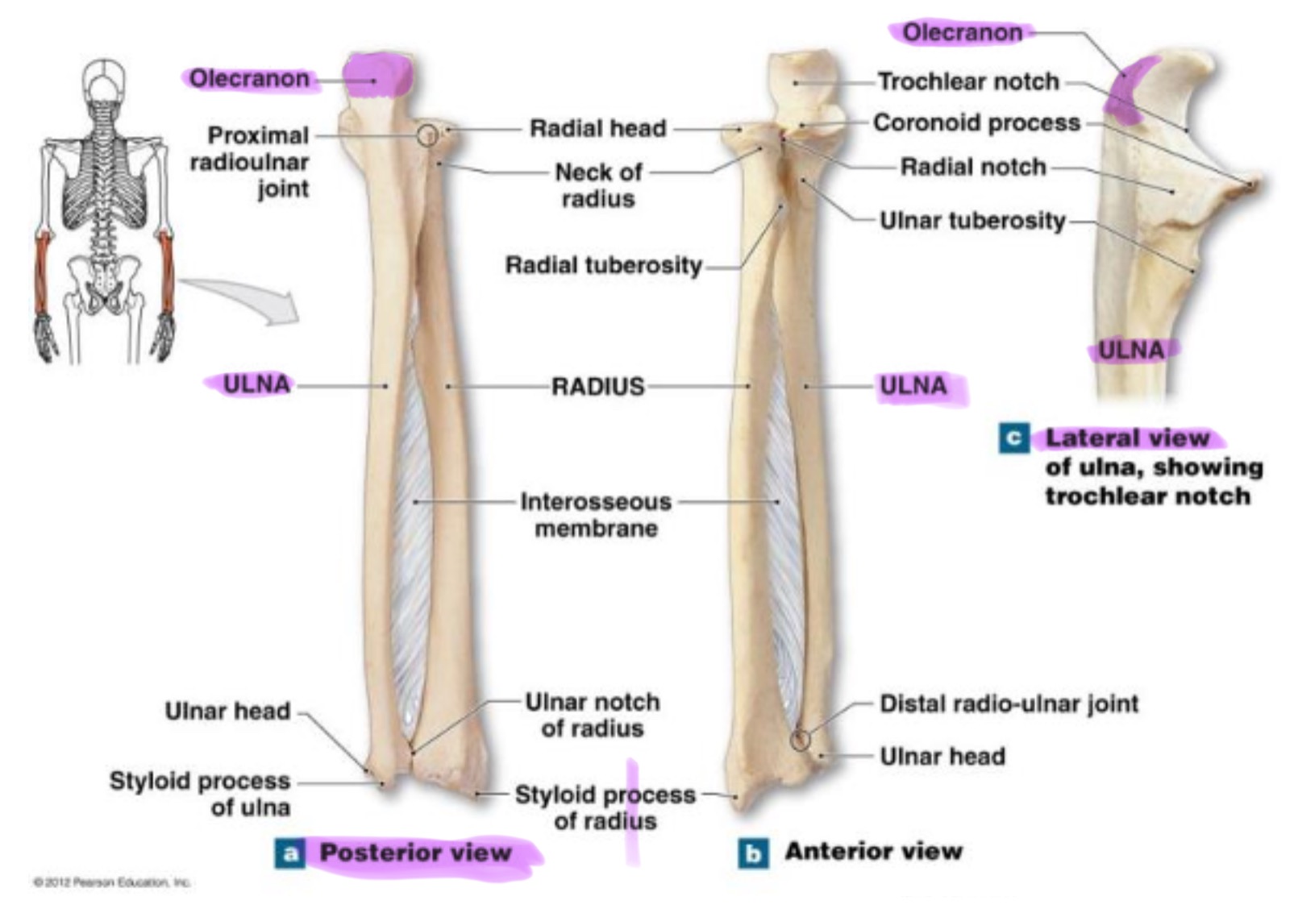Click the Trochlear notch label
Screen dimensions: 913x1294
tap(967, 81)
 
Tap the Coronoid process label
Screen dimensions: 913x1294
tap(976, 122)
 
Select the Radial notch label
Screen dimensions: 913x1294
tap(973, 167)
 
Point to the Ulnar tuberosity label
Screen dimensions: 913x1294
tap(972, 220)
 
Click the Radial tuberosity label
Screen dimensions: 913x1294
tap(603, 265)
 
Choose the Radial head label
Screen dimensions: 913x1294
tap(597, 128)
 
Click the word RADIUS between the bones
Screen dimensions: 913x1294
tap(597, 387)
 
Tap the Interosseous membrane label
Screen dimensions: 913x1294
tap(596, 515)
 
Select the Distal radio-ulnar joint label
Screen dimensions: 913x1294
tap(1009, 703)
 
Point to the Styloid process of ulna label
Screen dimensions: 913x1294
tap(202, 794)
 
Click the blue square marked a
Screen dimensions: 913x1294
tap(290, 853)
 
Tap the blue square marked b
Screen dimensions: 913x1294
tap(753, 853)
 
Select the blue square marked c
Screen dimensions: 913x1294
tap(1013, 438)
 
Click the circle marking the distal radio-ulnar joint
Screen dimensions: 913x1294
tap(799, 740)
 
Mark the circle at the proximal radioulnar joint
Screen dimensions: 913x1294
tap(427, 135)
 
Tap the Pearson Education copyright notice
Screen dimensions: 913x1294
tap(111, 882)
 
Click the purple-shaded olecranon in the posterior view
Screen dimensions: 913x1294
tap(377, 77)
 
